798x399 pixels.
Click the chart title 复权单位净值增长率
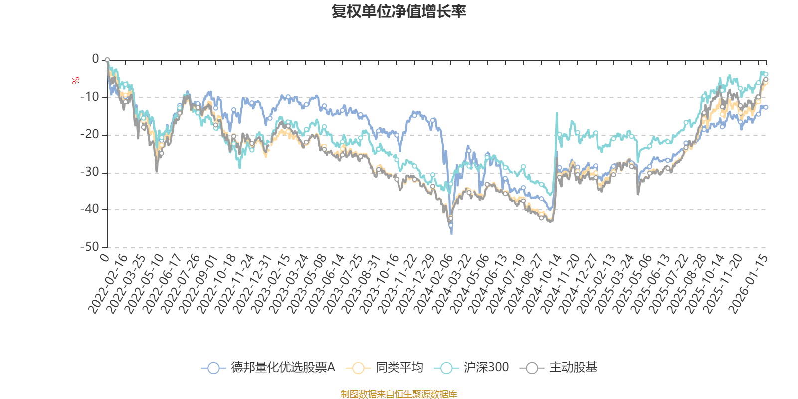tap(399, 12)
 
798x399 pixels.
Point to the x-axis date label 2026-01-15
tap(749, 284)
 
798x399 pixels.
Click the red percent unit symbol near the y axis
tap(75, 81)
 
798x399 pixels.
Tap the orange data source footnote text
tap(399, 394)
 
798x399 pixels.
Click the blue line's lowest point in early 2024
tap(452, 233)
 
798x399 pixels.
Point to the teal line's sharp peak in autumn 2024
tap(557, 113)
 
